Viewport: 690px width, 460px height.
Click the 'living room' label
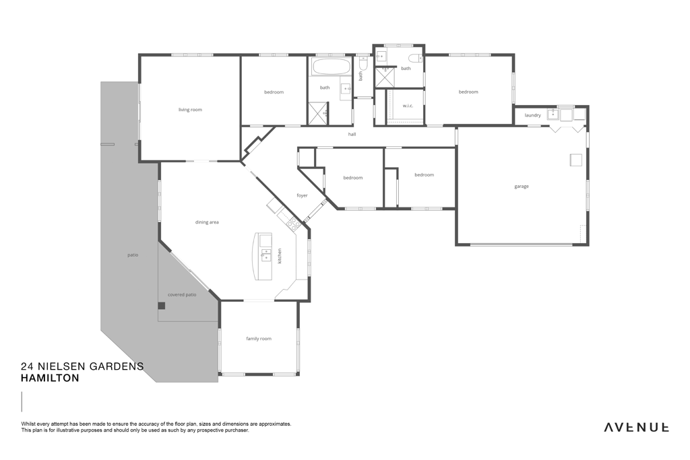coord(190,110)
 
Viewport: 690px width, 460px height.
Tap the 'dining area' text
coord(207,222)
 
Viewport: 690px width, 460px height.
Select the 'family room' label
coord(259,339)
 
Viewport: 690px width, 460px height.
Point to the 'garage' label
coord(522,187)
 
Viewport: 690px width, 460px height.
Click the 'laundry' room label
coord(532,115)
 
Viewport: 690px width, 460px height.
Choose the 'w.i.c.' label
coord(408,106)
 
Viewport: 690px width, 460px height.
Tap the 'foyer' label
coord(302,195)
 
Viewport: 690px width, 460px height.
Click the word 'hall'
coord(352,134)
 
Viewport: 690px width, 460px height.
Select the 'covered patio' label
coord(182,294)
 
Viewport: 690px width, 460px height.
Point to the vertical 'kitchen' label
coord(280,256)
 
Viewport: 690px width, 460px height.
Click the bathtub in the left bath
coord(332,67)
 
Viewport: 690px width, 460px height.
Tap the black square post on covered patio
coord(162,306)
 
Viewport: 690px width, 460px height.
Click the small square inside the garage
coord(576,160)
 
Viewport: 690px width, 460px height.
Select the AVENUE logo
coord(636,427)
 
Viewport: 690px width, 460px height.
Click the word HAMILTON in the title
coord(50,378)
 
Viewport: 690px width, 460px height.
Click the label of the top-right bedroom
coord(468,92)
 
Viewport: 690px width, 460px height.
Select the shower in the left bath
coord(318,113)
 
